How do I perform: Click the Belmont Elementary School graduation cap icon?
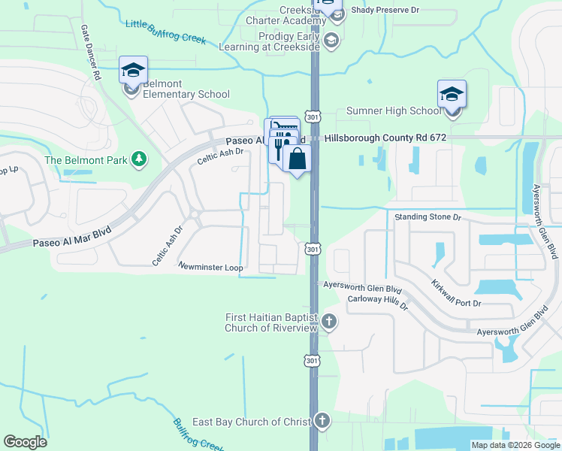(x=133, y=71)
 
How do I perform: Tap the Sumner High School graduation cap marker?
(x=452, y=95)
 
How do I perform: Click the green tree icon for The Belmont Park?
(x=138, y=159)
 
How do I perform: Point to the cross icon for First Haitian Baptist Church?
(x=328, y=322)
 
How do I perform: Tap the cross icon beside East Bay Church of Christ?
(x=322, y=421)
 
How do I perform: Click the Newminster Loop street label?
(x=210, y=266)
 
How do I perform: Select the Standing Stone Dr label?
(x=427, y=216)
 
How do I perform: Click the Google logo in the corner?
(x=25, y=442)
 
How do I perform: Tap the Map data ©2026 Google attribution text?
(x=515, y=445)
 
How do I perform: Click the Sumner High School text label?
(x=394, y=111)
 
